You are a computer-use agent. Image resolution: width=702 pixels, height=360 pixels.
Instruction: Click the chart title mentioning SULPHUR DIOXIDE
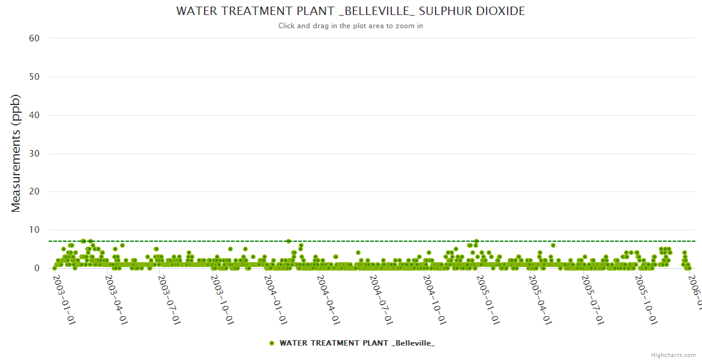tap(350, 11)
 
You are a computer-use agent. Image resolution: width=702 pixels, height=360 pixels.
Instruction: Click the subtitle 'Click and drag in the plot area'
tap(350, 26)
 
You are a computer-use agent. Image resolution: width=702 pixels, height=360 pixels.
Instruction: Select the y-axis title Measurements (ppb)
tap(16, 153)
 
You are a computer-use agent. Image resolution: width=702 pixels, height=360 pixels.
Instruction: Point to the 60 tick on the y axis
tap(34, 38)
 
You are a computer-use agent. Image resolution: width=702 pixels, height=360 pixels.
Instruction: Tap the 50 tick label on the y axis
tap(34, 77)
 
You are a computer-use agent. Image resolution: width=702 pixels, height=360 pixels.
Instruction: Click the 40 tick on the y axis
tap(34, 115)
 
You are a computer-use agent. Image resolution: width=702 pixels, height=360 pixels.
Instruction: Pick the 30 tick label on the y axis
tap(34, 154)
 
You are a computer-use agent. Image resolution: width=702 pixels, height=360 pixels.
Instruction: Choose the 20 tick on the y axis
tap(34, 192)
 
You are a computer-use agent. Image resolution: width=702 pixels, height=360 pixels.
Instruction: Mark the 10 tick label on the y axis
tap(34, 230)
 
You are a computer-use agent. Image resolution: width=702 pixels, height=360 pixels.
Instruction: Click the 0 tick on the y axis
tap(37, 268)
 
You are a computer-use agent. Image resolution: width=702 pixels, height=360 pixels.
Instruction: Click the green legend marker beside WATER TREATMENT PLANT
tap(272, 343)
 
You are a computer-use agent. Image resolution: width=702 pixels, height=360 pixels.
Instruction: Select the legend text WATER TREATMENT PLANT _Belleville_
tap(357, 343)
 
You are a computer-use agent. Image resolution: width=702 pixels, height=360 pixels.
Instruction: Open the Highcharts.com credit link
tap(673, 355)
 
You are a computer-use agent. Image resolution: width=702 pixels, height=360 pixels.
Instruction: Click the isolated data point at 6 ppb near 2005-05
tap(553, 245)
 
